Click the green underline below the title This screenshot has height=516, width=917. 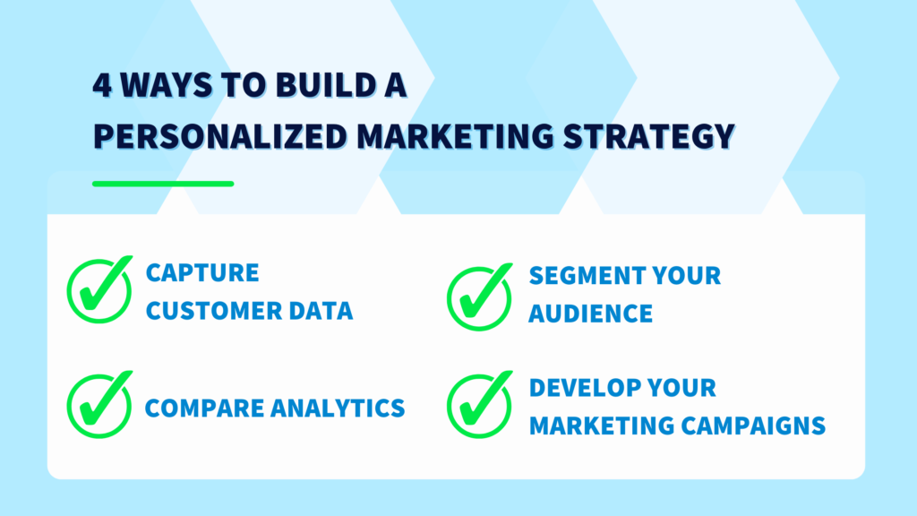coord(163,184)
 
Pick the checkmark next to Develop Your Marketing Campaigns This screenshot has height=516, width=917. coord(480,406)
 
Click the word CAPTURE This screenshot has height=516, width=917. coord(202,272)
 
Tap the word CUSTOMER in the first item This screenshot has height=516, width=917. coord(210,311)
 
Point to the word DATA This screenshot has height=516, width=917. coord(319,311)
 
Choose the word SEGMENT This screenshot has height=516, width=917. coord(582,275)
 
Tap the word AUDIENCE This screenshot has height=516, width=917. coord(590,314)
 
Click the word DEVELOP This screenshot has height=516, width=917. coord(582,388)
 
